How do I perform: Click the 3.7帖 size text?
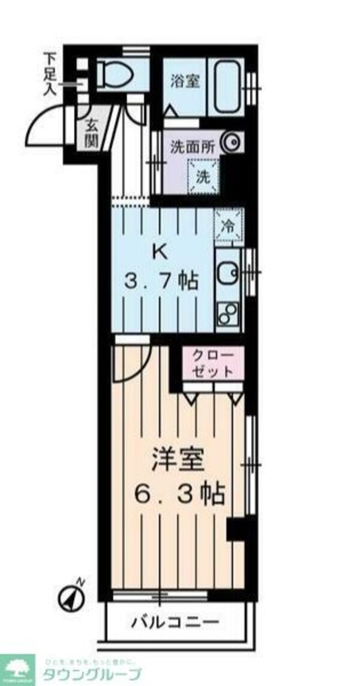[161, 280]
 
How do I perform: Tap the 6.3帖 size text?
[178, 495]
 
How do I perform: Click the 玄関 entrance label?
[91, 134]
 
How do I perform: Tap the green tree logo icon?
[16, 667]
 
